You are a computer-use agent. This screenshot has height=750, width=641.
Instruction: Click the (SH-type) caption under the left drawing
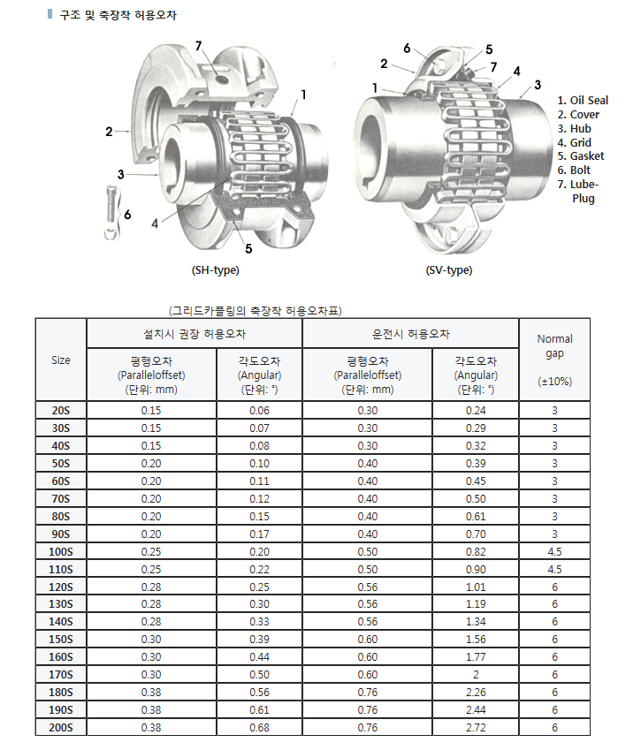click(215, 270)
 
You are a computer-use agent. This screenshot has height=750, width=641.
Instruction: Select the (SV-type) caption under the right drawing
click(448, 270)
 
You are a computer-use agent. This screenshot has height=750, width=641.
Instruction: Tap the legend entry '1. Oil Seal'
click(583, 101)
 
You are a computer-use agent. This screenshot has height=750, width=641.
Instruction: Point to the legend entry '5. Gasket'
click(581, 156)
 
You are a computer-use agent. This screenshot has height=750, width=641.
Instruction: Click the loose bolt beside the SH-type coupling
click(110, 211)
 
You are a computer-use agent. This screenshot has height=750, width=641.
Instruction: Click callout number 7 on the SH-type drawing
click(198, 46)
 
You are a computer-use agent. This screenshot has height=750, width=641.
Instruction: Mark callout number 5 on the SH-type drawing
click(248, 248)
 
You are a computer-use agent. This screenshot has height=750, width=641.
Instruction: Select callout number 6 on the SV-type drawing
click(407, 48)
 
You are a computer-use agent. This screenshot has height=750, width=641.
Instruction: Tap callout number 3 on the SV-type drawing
click(537, 86)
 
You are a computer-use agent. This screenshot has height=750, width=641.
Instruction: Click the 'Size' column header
click(61, 360)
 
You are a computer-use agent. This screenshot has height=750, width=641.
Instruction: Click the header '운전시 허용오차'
click(410, 335)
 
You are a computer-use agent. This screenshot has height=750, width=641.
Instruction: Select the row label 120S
click(61, 587)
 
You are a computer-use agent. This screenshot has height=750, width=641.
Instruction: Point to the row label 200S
click(61, 728)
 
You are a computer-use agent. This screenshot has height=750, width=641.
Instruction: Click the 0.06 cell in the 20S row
click(259, 411)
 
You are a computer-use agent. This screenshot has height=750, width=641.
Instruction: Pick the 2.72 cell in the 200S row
click(476, 728)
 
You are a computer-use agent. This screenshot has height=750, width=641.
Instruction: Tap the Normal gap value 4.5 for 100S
click(554, 552)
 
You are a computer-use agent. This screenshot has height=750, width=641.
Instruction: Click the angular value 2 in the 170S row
click(476, 675)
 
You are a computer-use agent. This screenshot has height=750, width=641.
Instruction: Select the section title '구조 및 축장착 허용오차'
click(117, 16)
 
